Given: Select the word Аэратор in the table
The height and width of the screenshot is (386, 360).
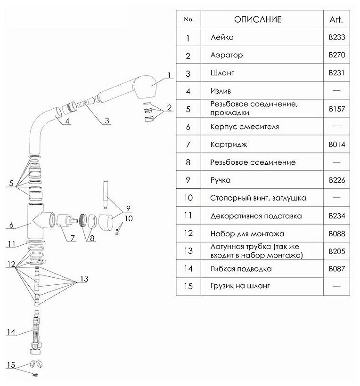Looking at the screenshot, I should coord(228,55).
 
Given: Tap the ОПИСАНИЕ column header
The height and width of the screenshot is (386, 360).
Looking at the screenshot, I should coord(258,19).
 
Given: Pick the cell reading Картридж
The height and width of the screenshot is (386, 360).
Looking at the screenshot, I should coord(229,145).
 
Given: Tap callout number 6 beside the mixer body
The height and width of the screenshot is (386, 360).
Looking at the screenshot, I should coord(11,225).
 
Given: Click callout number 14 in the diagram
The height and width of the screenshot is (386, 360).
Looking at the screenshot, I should coord(11,332).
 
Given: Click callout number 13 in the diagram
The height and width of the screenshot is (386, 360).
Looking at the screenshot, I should coord(84,279).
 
